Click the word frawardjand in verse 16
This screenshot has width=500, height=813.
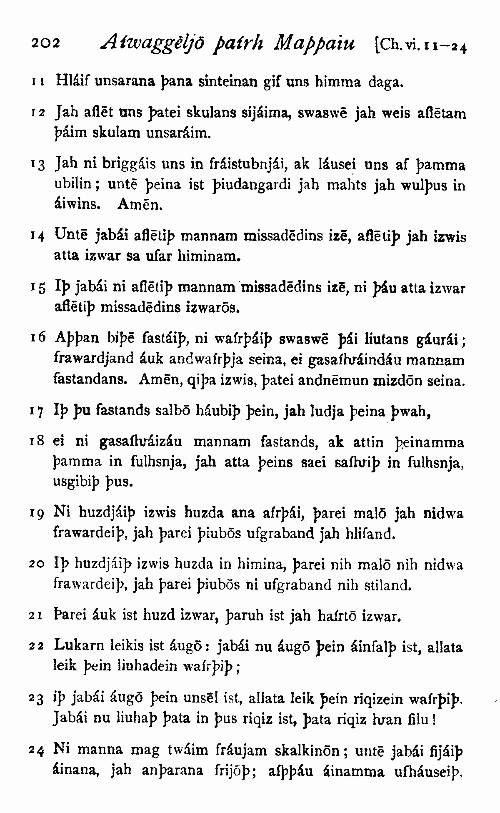[x=94, y=359]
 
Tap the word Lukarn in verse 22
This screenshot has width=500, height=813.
[x=78, y=647]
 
